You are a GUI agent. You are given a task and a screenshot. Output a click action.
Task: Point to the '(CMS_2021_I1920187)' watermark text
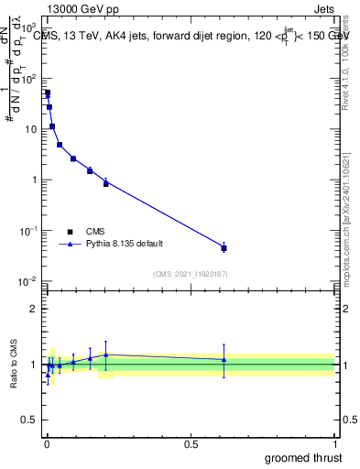pos(190,273)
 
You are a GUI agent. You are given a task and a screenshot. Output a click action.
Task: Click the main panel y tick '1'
pos(34,180)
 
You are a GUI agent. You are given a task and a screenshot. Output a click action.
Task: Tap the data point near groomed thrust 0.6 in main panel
pos(224,247)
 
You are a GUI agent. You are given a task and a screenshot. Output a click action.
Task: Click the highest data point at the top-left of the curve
pos(48,93)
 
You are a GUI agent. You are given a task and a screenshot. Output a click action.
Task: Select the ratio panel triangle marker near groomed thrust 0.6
pos(224,360)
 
